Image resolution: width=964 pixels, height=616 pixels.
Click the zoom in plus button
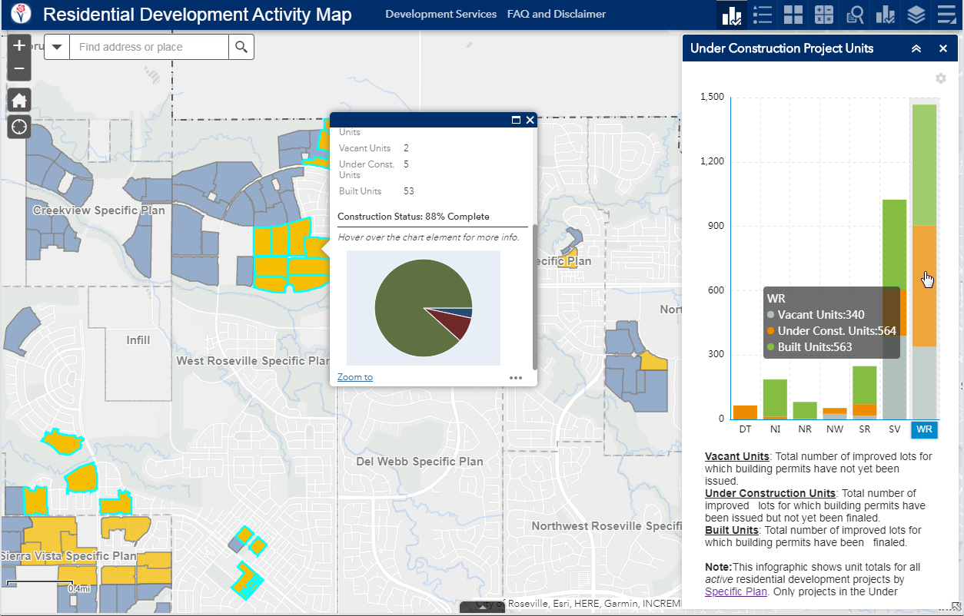tap(19, 46)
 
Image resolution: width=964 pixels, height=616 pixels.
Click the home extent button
tap(19, 100)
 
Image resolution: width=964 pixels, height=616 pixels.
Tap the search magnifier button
tap(241, 47)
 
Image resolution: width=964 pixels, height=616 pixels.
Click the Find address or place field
tap(148, 47)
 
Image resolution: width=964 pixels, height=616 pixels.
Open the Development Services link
tap(440, 14)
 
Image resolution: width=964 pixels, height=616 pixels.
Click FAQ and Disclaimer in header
tap(556, 14)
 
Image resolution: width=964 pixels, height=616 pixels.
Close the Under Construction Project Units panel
tap(943, 48)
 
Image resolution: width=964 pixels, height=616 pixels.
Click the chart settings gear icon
tap(940, 78)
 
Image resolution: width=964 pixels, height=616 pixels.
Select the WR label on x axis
tap(924, 429)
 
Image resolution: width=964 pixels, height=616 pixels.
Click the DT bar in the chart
tap(745, 412)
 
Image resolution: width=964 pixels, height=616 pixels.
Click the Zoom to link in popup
tap(354, 377)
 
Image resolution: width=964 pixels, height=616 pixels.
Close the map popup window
tap(530, 120)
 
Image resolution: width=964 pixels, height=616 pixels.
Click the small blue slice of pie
tap(467, 313)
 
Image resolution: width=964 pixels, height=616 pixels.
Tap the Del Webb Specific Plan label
tap(420, 462)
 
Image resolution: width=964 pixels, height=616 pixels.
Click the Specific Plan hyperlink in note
tap(736, 591)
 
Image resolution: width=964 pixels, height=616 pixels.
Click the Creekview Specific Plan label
tap(98, 210)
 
